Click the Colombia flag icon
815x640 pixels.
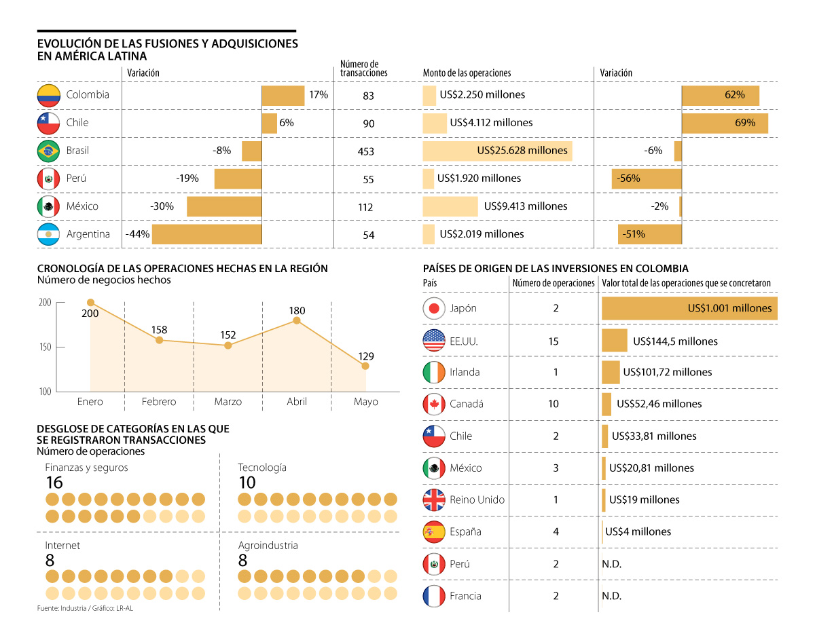pos(49,95)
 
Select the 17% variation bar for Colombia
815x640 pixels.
pos(283,95)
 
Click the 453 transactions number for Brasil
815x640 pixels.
pos(365,151)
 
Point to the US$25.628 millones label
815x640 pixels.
pos(522,151)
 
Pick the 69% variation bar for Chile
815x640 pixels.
pos(725,123)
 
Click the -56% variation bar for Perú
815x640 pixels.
pos(647,178)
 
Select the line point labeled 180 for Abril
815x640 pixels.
pos(297,320)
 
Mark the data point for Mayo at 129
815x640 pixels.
pos(365,366)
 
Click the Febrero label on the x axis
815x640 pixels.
pos(159,402)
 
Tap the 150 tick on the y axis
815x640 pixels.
pos(45,347)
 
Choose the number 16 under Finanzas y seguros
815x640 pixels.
pos(54,483)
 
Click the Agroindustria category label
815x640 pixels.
pos(268,545)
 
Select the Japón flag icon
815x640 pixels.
pos(434,308)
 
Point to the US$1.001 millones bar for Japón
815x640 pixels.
pos(689,308)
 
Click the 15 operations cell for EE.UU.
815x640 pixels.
pos(554,341)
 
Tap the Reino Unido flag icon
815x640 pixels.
pos(434,500)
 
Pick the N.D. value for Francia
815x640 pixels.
pos(612,597)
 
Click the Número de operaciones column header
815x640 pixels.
pos(553,283)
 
